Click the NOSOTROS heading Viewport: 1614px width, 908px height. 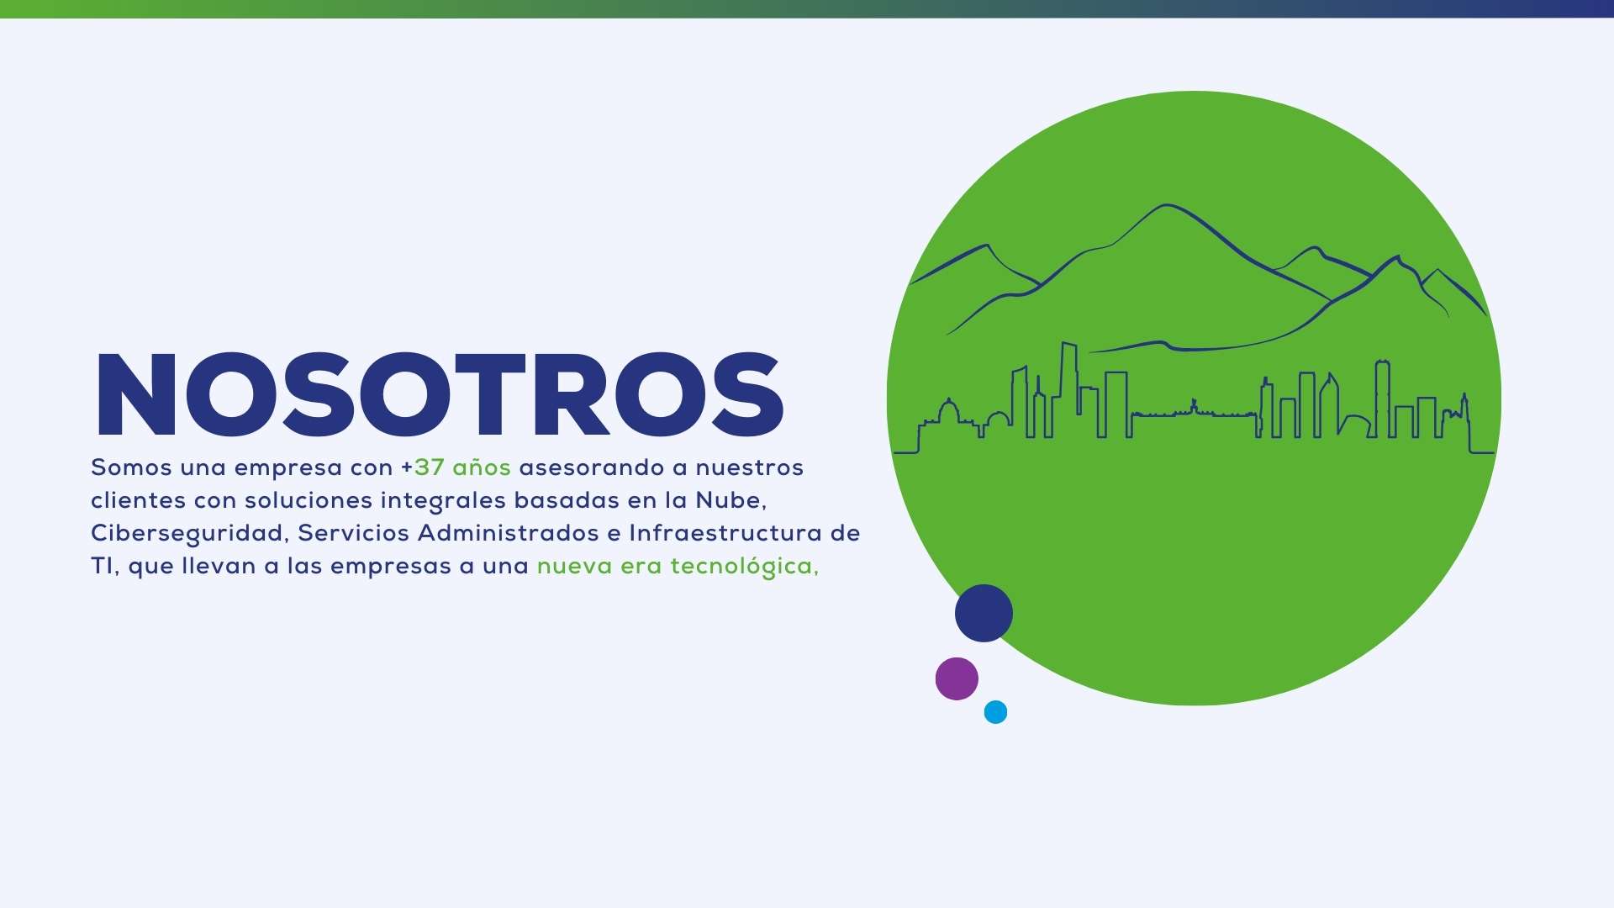click(440, 395)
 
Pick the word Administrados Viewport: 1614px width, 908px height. click(509, 533)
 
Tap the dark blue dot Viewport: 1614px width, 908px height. click(984, 613)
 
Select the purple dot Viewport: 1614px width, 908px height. click(957, 678)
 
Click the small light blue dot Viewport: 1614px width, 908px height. click(995, 712)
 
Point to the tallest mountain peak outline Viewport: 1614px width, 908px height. click(1166, 205)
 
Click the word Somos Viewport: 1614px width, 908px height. click(131, 467)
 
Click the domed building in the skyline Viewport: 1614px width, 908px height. click(948, 414)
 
